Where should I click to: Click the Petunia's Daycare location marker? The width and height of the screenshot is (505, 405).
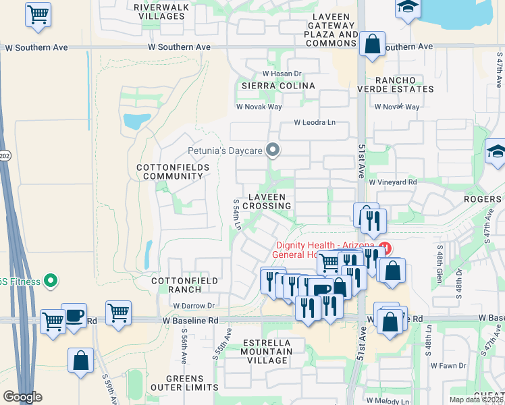[x=273, y=150]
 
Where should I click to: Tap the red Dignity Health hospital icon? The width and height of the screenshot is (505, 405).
[x=385, y=247]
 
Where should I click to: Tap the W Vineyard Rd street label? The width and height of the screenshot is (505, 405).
[x=392, y=182]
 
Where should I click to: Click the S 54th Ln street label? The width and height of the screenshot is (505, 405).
[x=237, y=215]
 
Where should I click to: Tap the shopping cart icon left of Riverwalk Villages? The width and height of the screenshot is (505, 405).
[x=38, y=14]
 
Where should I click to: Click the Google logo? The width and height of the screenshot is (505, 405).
[x=22, y=397]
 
